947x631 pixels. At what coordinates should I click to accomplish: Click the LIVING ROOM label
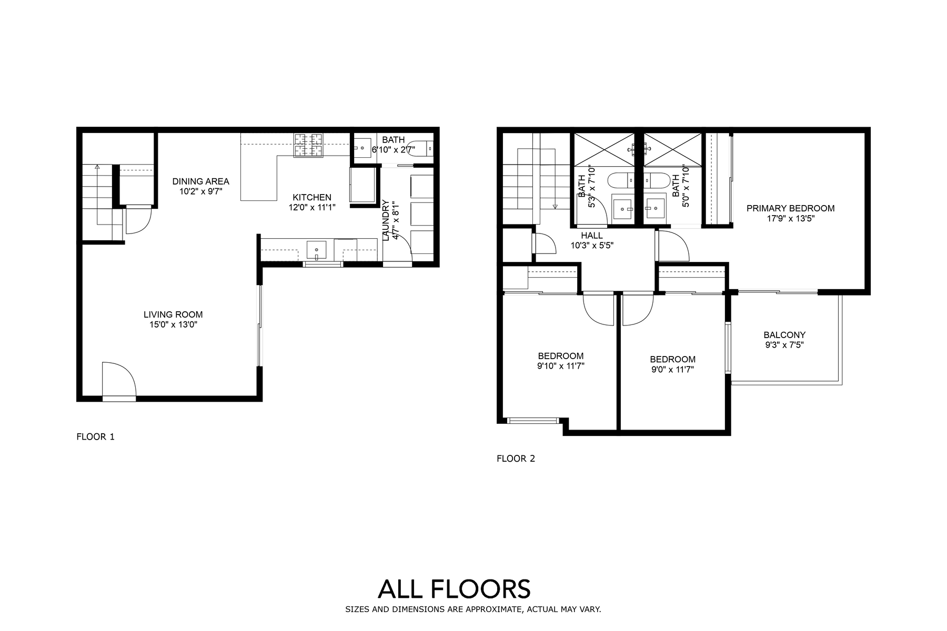pos(173,314)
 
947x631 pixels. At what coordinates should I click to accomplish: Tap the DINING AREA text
pos(201,181)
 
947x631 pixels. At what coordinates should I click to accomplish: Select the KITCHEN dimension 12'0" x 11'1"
pos(312,207)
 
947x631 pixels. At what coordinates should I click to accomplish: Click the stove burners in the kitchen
pos(308,145)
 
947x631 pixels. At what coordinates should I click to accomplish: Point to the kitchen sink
pos(316,250)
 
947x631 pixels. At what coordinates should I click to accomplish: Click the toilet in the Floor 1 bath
pos(423,149)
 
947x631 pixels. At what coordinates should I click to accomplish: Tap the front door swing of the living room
pos(119,379)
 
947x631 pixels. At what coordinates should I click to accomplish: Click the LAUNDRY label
pos(386,220)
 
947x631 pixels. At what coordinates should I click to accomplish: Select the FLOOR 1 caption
pos(96,436)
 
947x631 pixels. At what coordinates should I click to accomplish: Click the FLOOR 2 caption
pos(516,459)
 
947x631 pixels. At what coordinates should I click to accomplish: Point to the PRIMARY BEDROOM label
pos(791,208)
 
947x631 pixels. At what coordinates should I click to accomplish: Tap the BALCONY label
pos(784,335)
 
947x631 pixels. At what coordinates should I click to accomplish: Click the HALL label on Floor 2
pos(592,236)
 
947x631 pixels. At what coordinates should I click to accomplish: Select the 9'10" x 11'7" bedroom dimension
pos(561,366)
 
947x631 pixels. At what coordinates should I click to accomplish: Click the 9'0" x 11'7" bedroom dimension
pos(673,369)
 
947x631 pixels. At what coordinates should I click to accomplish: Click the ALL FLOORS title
pos(455,589)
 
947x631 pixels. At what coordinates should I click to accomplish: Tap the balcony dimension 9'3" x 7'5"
pos(784,345)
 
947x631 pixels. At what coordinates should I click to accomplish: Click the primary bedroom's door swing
pos(674,246)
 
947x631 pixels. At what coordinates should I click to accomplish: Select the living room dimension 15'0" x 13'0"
pos(173,325)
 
